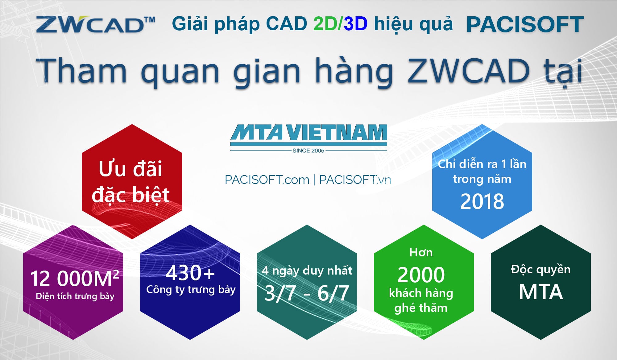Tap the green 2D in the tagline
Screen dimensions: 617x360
click(x=326, y=23)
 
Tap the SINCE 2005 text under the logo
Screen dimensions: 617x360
click(x=308, y=151)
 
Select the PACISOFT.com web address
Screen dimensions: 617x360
click(x=267, y=180)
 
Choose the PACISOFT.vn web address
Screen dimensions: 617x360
click(x=355, y=180)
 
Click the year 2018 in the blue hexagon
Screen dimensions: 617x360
click(x=482, y=201)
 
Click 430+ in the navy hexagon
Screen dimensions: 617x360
click(x=190, y=273)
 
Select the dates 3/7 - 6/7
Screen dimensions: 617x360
click(x=307, y=293)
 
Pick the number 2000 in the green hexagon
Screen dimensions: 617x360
click(x=421, y=275)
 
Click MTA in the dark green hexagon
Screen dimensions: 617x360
click(x=541, y=292)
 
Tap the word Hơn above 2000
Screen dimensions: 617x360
click(x=421, y=252)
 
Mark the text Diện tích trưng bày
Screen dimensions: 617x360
click(x=75, y=296)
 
